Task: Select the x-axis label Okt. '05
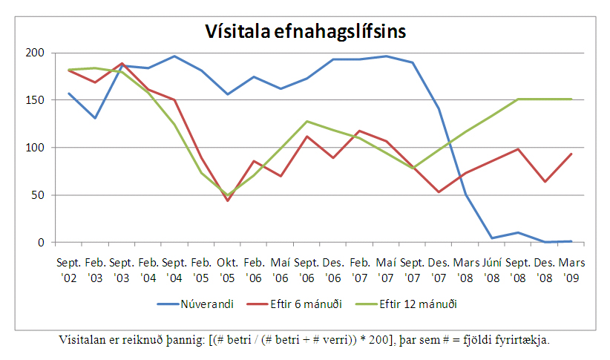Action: tap(227, 270)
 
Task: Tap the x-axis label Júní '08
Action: tap(492, 270)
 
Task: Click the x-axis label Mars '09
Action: tap(571, 270)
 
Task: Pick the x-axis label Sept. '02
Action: tap(69, 270)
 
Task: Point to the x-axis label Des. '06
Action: tap(333, 270)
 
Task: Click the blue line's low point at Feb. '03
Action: tap(95, 118)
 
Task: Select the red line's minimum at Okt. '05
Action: tap(227, 200)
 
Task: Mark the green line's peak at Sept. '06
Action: tap(306, 121)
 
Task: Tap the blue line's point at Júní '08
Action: tap(492, 238)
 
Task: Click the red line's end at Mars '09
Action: tap(571, 154)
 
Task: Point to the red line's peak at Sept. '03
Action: tap(122, 64)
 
